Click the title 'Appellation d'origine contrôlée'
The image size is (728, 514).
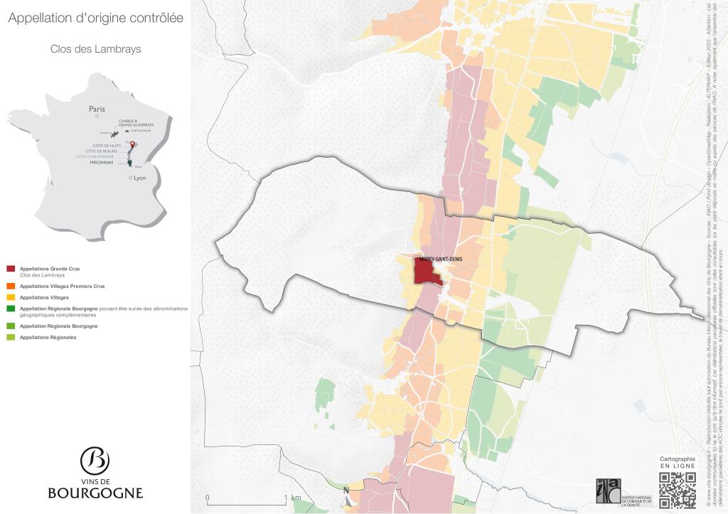pos(95,18)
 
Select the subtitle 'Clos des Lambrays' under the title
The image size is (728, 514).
pos(95,49)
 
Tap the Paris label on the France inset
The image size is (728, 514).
pos(97,109)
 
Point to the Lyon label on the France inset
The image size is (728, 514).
pos(139,178)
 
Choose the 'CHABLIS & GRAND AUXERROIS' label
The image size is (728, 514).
pos(136,122)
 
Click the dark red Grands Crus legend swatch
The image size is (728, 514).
pos(11,269)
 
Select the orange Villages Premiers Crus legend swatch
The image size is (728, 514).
pos(11,286)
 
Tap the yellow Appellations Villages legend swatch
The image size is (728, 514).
pos(11,297)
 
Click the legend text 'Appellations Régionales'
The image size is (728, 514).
pos(48,337)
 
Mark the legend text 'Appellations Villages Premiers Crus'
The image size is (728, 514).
pos(62,286)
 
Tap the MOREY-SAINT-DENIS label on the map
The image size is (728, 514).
pos(441,259)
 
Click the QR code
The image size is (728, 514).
pos(677,490)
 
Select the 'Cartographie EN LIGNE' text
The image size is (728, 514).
pos(677,462)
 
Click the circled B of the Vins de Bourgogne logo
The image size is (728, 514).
pos(95,461)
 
